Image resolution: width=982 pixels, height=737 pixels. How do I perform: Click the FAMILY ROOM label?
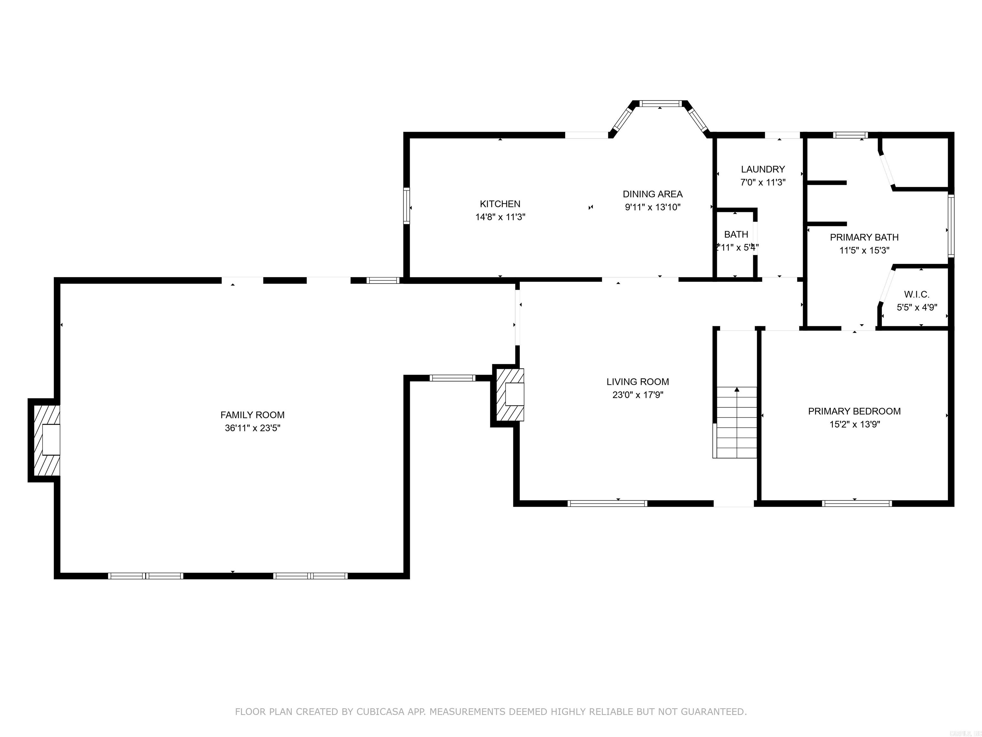(252, 415)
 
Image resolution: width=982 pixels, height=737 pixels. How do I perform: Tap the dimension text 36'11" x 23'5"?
(252, 428)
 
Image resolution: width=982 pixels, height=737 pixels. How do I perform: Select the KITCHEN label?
(500, 203)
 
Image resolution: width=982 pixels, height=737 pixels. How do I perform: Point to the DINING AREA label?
(652, 194)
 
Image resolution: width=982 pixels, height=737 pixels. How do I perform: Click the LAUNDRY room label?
(763, 169)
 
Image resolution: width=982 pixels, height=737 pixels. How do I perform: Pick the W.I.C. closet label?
(916, 294)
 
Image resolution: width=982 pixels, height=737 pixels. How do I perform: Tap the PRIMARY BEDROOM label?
(854, 411)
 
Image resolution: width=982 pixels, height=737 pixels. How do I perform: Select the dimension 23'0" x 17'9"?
(637, 394)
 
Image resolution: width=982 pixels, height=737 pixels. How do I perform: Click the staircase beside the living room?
(736, 422)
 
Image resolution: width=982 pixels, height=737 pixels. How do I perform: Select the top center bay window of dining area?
(660, 104)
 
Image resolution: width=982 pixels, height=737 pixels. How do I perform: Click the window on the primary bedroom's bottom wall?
(856, 503)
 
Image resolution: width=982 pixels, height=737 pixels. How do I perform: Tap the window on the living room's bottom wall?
(607, 503)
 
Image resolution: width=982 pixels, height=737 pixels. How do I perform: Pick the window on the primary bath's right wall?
(950, 226)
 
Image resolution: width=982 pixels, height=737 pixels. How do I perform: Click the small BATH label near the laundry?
(736, 234)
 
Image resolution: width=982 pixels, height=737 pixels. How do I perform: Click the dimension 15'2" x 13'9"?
(854, 424)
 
